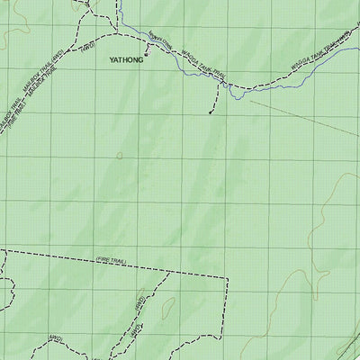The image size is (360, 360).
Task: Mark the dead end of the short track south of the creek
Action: click(x=211, y=113)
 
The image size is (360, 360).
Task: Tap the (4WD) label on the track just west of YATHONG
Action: click(x=88, y=47)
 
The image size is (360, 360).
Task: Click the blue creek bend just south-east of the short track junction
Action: click(x=236, y=94)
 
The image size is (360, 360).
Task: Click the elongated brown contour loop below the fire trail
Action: click(x=167, y=306)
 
